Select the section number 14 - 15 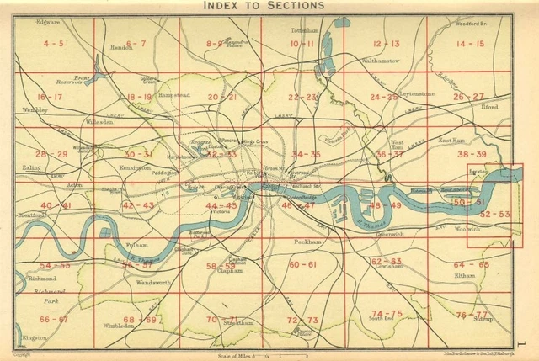[470, 43]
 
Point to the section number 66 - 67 [53, 320]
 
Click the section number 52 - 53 [494, 215]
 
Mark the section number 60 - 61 [303, 264]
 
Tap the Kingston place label [35, 338]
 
